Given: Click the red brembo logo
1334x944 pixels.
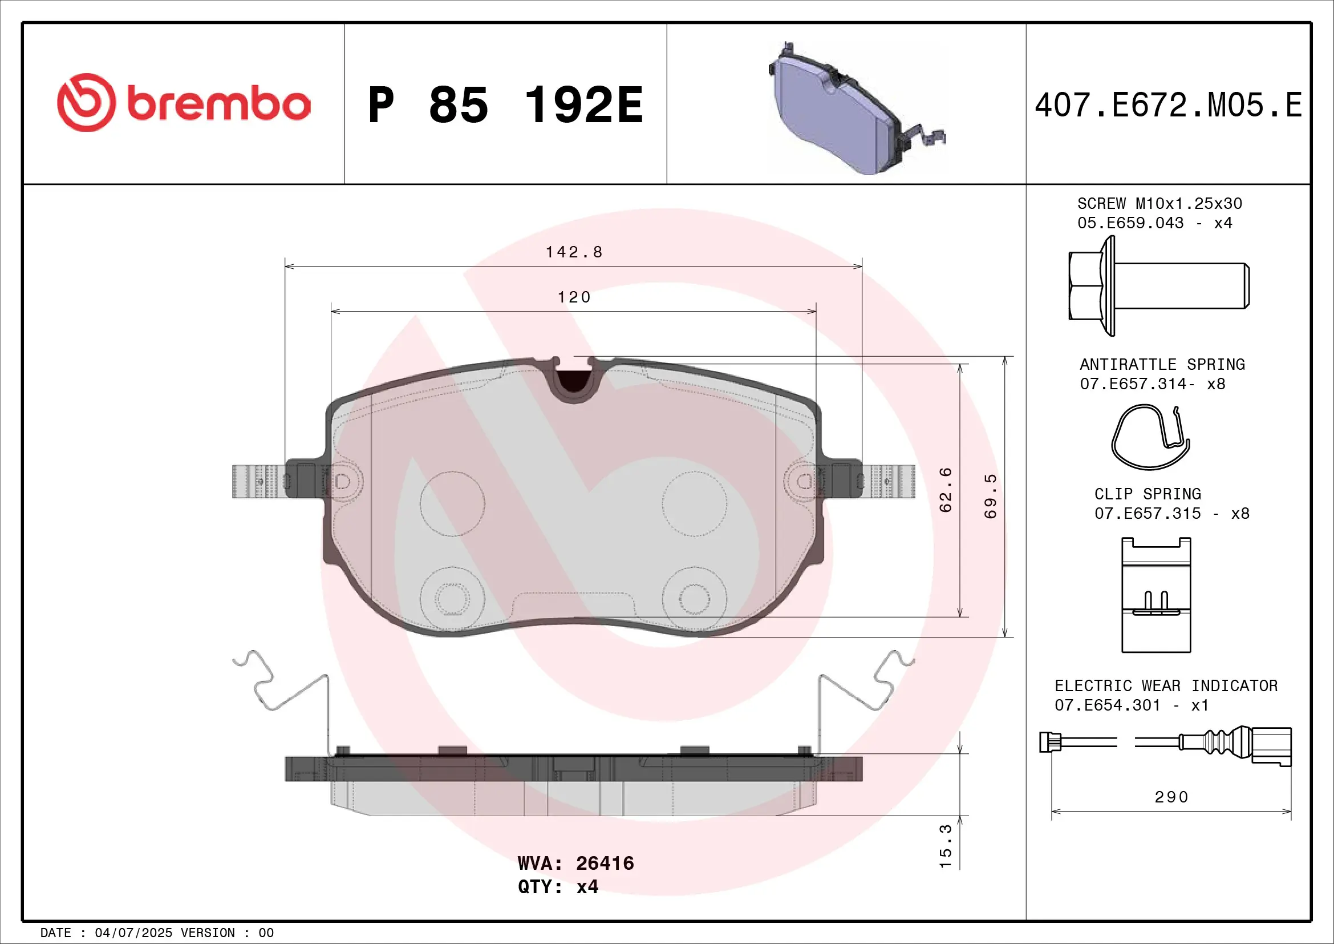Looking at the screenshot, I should pyautogui.click(x=184, y=103).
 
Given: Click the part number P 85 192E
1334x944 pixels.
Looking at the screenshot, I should pyautogui.click(x=505, y=105).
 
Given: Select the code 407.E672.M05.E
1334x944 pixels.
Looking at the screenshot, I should pyautogui.click(x=1168, y=105).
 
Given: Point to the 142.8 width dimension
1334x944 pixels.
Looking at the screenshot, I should pyautogui.click(x=573, y=252).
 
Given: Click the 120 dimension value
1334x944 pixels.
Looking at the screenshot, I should pyautogui.click(x=573, y=297).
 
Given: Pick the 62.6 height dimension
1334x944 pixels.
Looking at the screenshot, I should pyautogui.click(x=946, y=490).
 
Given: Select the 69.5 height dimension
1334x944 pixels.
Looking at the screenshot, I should pyautogui.click(x=991, y=496).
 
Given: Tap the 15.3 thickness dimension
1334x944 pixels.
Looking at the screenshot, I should pyautogui.click(x=946, y=846).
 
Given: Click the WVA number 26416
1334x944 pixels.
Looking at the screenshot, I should pyautogui.click(x=604, y=863).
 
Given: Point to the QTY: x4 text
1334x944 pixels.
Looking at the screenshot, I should pyautogui.click(x=558, y=886).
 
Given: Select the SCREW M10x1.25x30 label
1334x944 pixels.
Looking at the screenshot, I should pyautogui.click(x=1159, y=203).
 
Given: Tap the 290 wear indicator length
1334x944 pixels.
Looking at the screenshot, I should pyautogui.click(x=1171, y=797).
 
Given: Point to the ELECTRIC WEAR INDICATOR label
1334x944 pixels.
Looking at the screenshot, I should pyautogui.click(x=1166, y=686).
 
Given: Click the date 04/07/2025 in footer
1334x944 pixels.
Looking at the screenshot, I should pyautogui.click(x=133, y=933).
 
